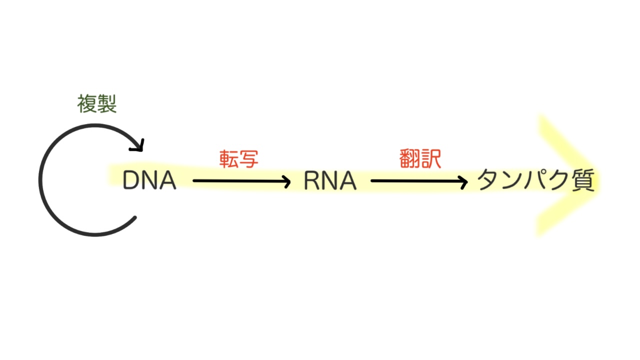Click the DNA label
point(149,180)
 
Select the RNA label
point(330,181)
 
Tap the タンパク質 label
point(535,180)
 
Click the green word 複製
point(96,104)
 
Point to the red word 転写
point(238,159)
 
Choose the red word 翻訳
point(420,159)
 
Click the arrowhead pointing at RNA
point(286,181)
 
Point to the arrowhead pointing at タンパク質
point(463,181)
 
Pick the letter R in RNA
point(312,181)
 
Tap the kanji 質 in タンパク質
point(583,180)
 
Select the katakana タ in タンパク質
point(488,180)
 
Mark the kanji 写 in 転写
point(248,159)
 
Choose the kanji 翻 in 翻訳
point(410,159)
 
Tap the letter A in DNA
point(167,180)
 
